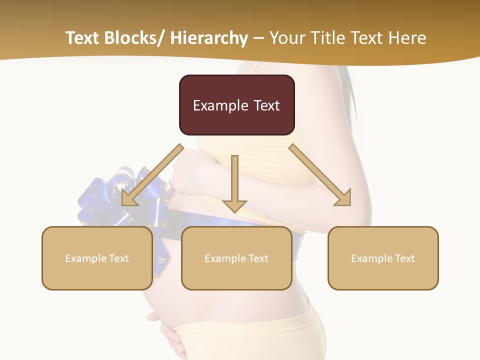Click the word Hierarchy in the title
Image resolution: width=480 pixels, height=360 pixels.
(209, 38)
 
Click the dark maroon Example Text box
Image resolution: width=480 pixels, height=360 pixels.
(236, 105)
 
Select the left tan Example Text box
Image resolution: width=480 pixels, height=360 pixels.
(97, 258)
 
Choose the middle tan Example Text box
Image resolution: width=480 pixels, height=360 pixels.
(236, 258)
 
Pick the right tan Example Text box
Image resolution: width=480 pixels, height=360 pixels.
(383, 258)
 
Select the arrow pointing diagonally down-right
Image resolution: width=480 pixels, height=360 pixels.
(320, 174)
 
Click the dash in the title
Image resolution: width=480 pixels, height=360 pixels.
(258, 39)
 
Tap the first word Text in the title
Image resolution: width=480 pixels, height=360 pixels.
(82, 38)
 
